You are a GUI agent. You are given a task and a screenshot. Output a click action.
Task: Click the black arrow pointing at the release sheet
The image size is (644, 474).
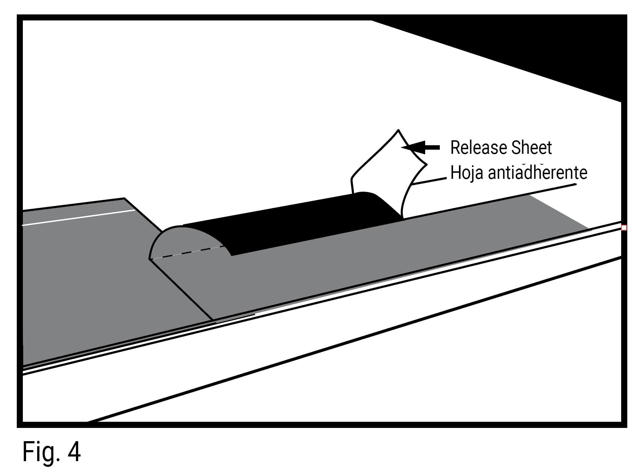[x=423, y=147]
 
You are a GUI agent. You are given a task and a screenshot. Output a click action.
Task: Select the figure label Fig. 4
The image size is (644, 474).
[x=51, y=452]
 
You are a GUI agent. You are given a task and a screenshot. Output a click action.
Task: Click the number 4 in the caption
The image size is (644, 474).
[x=74, y=452]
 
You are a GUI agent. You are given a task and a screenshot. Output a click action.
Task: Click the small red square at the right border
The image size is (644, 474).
[x=624, y=228]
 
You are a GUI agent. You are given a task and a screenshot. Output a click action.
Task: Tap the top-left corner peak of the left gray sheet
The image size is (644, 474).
[x=124, y=198]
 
